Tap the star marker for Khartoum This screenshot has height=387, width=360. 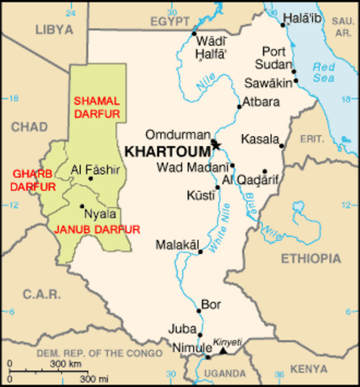[215, 144]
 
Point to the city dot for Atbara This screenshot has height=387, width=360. [238, 106]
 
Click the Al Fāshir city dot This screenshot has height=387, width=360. [90, 178]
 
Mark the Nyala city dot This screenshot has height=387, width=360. [82, 206]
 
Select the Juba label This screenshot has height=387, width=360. [181, 328]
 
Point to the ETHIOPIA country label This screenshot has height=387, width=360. [311, 259]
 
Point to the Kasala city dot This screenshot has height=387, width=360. [282, 146]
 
